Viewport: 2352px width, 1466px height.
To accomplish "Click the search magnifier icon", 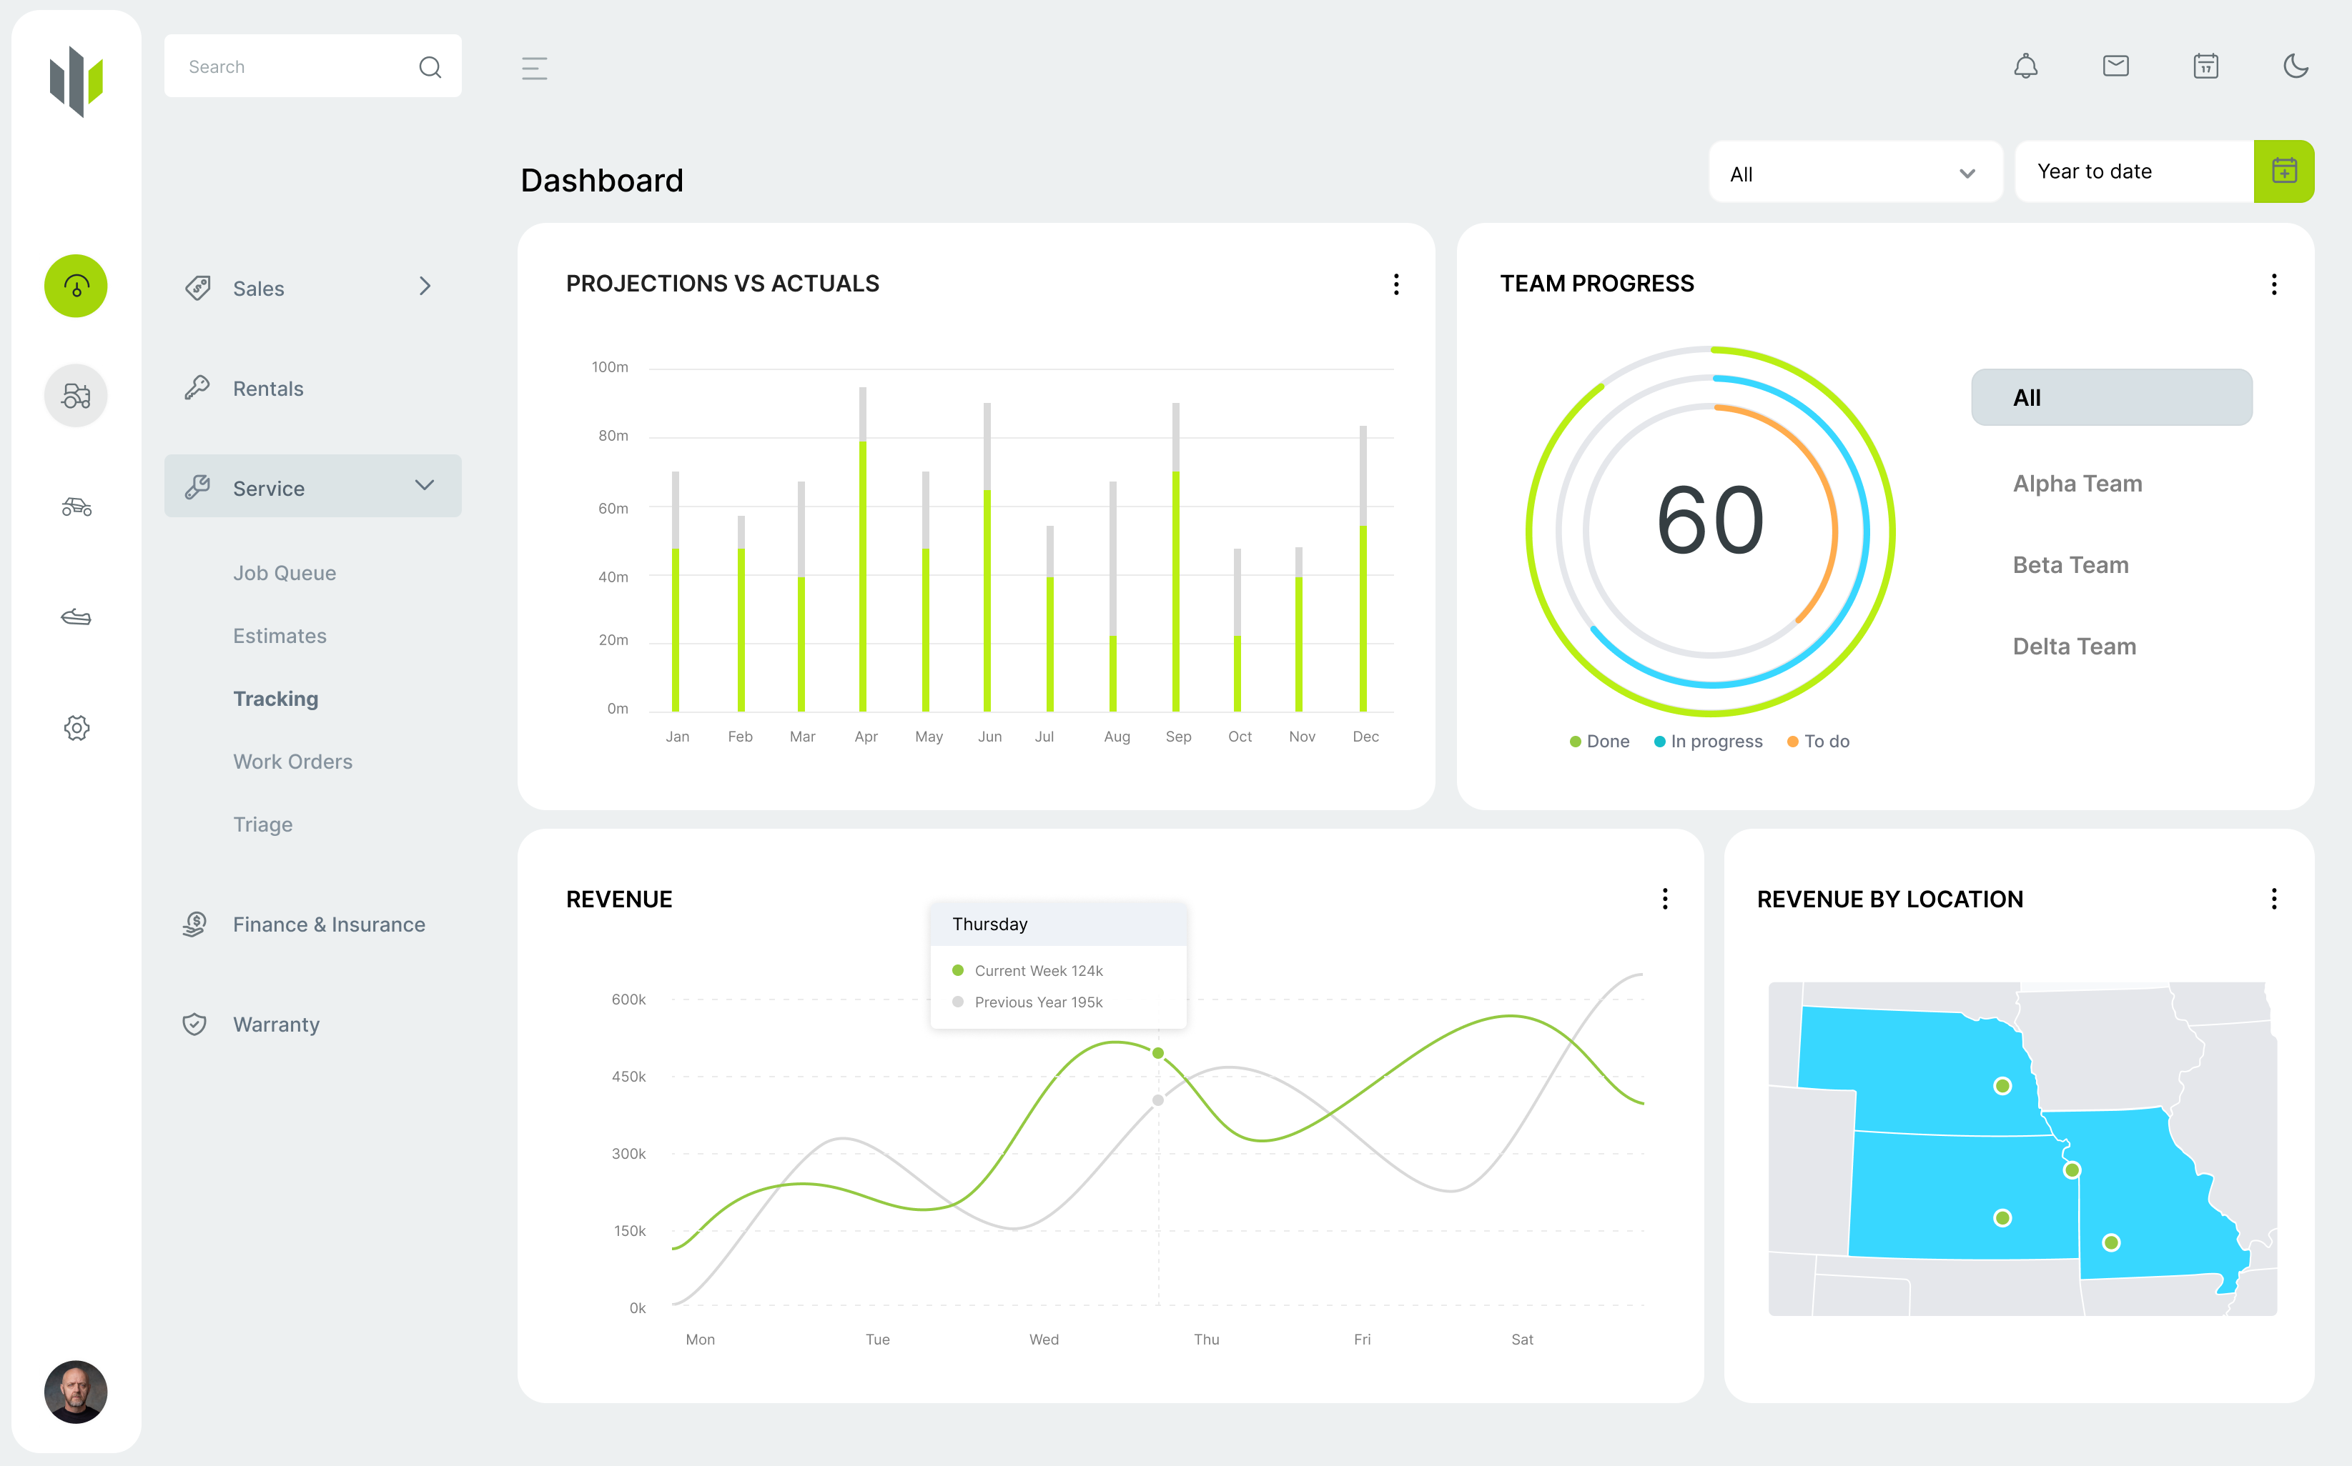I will click(430, 67).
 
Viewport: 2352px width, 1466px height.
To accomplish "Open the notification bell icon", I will click(2025, 66).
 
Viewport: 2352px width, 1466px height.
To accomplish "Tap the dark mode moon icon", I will click(2295, 66).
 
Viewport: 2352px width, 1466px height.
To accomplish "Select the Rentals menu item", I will click(267, 389).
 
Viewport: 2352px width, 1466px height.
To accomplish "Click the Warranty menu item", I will click(275, 1024).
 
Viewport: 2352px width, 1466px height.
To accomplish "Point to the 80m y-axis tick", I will click(612, 437).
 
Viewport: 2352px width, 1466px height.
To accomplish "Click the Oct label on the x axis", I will click(1239, 737).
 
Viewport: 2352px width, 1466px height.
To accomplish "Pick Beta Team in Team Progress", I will click(2070, 564).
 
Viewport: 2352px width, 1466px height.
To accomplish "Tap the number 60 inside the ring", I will click(1709, 522).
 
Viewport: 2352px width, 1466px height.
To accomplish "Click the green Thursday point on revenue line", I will click(1157, 1053).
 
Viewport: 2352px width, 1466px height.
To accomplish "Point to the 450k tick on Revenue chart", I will click(628, 1076).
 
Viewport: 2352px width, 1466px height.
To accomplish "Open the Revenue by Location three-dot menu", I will click(2273, 899).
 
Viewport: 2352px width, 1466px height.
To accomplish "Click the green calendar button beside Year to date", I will click(2283, 171).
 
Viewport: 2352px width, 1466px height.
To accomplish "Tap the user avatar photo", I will click(76, 1392).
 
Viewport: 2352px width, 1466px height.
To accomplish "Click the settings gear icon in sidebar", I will click(76, 728).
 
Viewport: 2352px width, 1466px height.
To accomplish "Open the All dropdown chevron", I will click(1966, 174).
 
